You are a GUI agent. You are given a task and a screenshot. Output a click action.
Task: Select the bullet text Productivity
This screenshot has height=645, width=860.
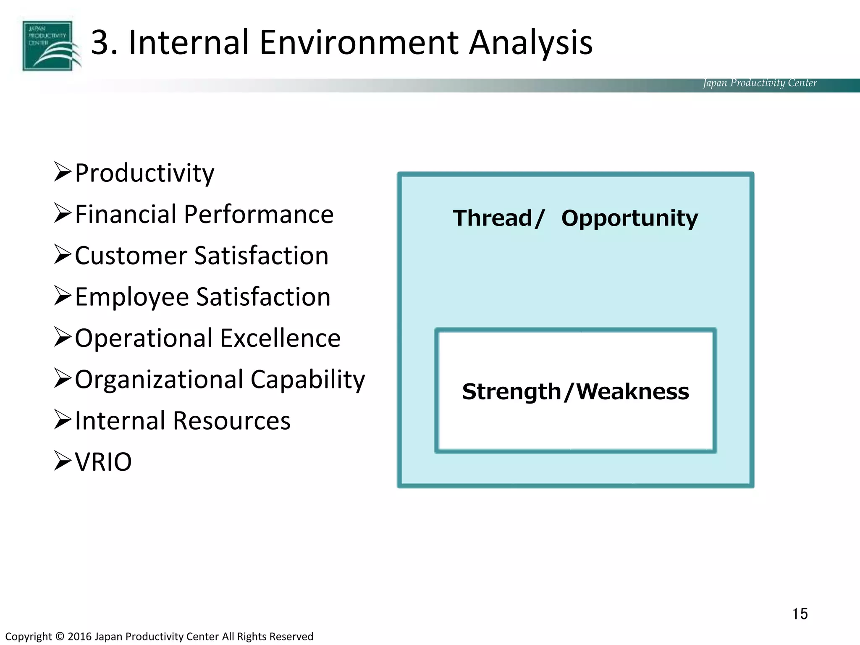pos(144,173)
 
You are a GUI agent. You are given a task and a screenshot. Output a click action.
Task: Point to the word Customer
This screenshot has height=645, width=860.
pos(130,256)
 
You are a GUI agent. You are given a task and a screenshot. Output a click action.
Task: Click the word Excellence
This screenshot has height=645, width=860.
pos(280,338)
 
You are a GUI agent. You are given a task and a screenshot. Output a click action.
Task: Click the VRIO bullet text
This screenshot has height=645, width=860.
pos(103,462)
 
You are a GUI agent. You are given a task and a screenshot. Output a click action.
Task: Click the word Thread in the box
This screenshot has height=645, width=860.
pos(492,218)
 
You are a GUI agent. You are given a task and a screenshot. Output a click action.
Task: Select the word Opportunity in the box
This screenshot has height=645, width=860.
pos(629,218)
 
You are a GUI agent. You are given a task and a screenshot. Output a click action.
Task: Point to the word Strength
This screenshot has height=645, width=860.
pos(511,392)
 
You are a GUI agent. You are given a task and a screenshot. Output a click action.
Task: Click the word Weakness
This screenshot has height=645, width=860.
pos(632,392)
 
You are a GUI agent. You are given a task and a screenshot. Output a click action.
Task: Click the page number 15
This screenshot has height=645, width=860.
pos(800,614)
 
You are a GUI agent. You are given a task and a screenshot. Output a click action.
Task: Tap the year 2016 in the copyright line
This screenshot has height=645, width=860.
pos(79,637)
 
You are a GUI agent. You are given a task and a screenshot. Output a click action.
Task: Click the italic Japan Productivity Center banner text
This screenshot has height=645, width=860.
pos(760,83)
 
